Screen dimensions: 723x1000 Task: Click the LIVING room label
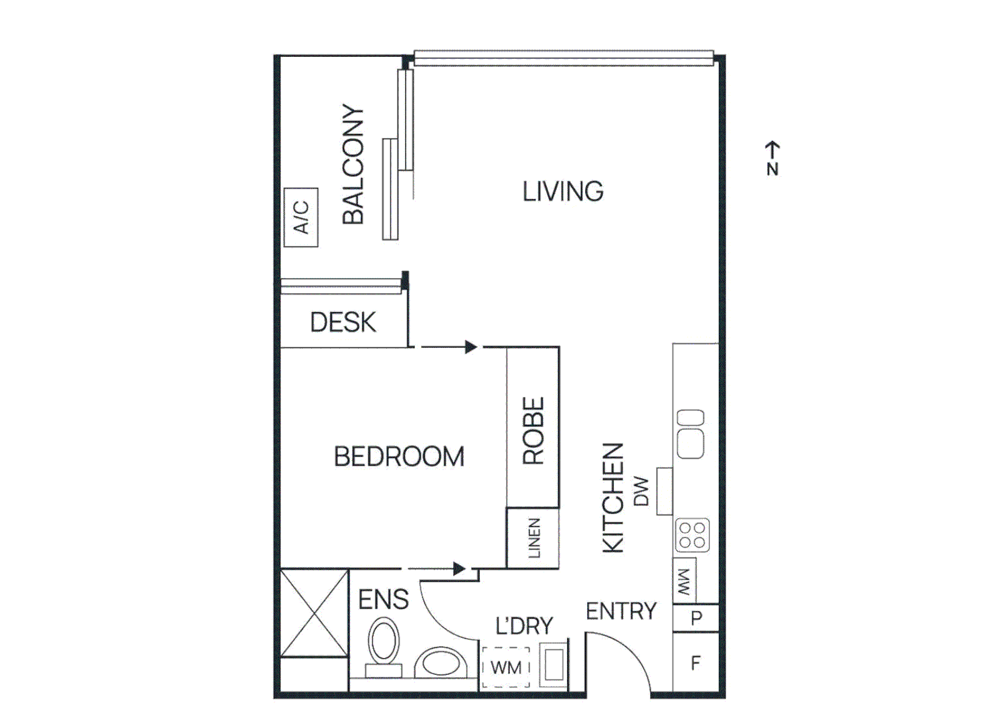[x=562, y=191]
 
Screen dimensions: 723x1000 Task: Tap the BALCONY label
[x=353, y=164]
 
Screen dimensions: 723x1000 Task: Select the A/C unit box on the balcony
[x=301, y=218]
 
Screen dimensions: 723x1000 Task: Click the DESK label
[x=343, y=323]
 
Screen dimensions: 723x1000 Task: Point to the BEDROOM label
[x=399, y=457]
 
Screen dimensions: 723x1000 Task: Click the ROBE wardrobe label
[x=533, y=431]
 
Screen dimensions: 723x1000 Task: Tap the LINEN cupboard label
[x=534, y=538]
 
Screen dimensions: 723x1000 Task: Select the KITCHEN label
[x=613, y=497]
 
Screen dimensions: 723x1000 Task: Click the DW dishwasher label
[x=641, y=491]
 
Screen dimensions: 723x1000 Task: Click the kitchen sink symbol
[x=691, y=434]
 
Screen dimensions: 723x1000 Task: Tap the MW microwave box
[x=684, y=582]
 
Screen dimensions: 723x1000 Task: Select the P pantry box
[x=696, y=618]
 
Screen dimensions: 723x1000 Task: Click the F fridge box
[x=696, y=663]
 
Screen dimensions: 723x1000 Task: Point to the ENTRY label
[x=621, y=611]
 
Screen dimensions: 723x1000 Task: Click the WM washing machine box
[x=506, y=667]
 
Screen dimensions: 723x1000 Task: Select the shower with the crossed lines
[x=314, y=613]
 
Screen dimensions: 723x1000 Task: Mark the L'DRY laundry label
[x=524, y=626]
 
